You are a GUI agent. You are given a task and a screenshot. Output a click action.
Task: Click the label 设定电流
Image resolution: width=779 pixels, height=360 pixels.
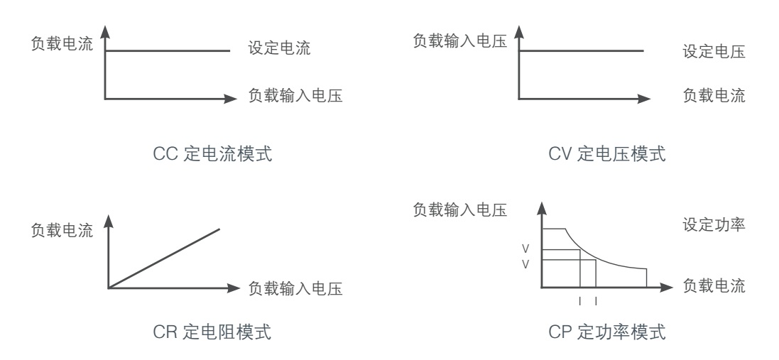tap(279, 50)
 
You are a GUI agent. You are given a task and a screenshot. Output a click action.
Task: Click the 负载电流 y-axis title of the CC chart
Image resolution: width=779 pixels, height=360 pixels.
tap(61, 43)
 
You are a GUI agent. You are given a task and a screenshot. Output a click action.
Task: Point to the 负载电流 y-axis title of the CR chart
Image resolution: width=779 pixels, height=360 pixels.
tap(61, 231)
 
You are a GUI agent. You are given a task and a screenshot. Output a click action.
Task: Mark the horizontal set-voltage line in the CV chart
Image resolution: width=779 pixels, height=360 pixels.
tap(582, 50)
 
